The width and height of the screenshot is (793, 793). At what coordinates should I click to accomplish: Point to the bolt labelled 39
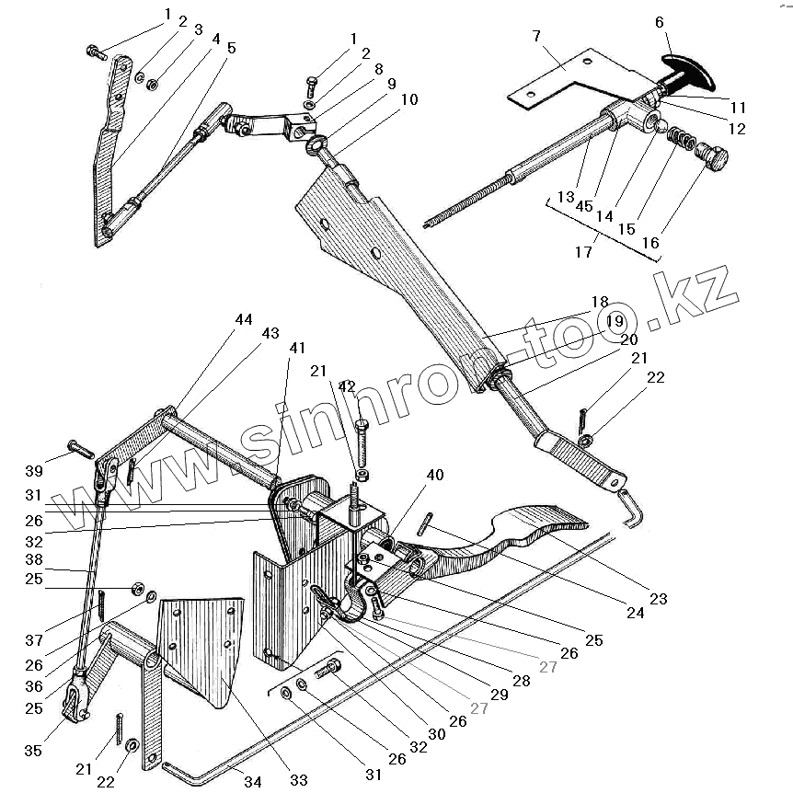tap(80, 452)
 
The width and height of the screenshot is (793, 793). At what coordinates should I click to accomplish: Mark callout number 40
tap(434, 476)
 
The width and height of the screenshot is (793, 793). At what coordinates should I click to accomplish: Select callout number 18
tap(599, 302)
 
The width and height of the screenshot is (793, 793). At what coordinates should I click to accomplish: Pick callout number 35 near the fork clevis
tap(33, 752)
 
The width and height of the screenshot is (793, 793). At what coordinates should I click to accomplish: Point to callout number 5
tap(231, 48)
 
